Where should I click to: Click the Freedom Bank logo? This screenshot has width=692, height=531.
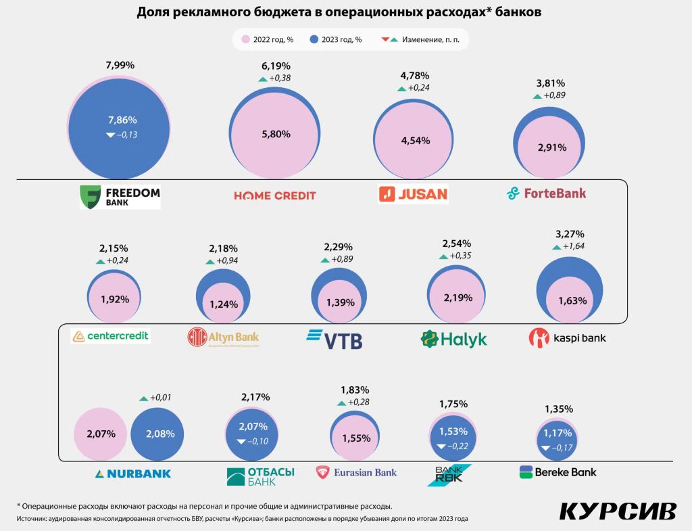click(120, 196)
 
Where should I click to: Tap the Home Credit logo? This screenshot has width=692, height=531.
click(275, 195)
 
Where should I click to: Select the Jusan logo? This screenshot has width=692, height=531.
click(413, 194)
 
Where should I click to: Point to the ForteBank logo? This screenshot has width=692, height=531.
click(547, 193)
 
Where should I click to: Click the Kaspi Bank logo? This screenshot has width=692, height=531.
click(567, 338)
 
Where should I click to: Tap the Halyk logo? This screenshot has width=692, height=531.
click(453, 339)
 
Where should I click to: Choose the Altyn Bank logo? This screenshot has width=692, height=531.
click(223, 337)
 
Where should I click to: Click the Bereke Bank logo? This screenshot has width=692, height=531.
click(558, 471)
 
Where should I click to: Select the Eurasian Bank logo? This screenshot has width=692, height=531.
click(356, 472)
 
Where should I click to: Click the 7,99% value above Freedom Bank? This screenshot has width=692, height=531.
click(120, 66)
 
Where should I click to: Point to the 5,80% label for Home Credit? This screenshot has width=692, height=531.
click(275, 134)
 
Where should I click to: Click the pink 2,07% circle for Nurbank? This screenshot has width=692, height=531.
click(100, 434)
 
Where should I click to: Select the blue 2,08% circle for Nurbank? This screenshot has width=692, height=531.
click(157, 434)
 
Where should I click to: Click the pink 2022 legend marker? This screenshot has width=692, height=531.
click(245, 39)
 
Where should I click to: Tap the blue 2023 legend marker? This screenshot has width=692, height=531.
click(314, 39)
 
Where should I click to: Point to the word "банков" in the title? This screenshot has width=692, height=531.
click(518, 12)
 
